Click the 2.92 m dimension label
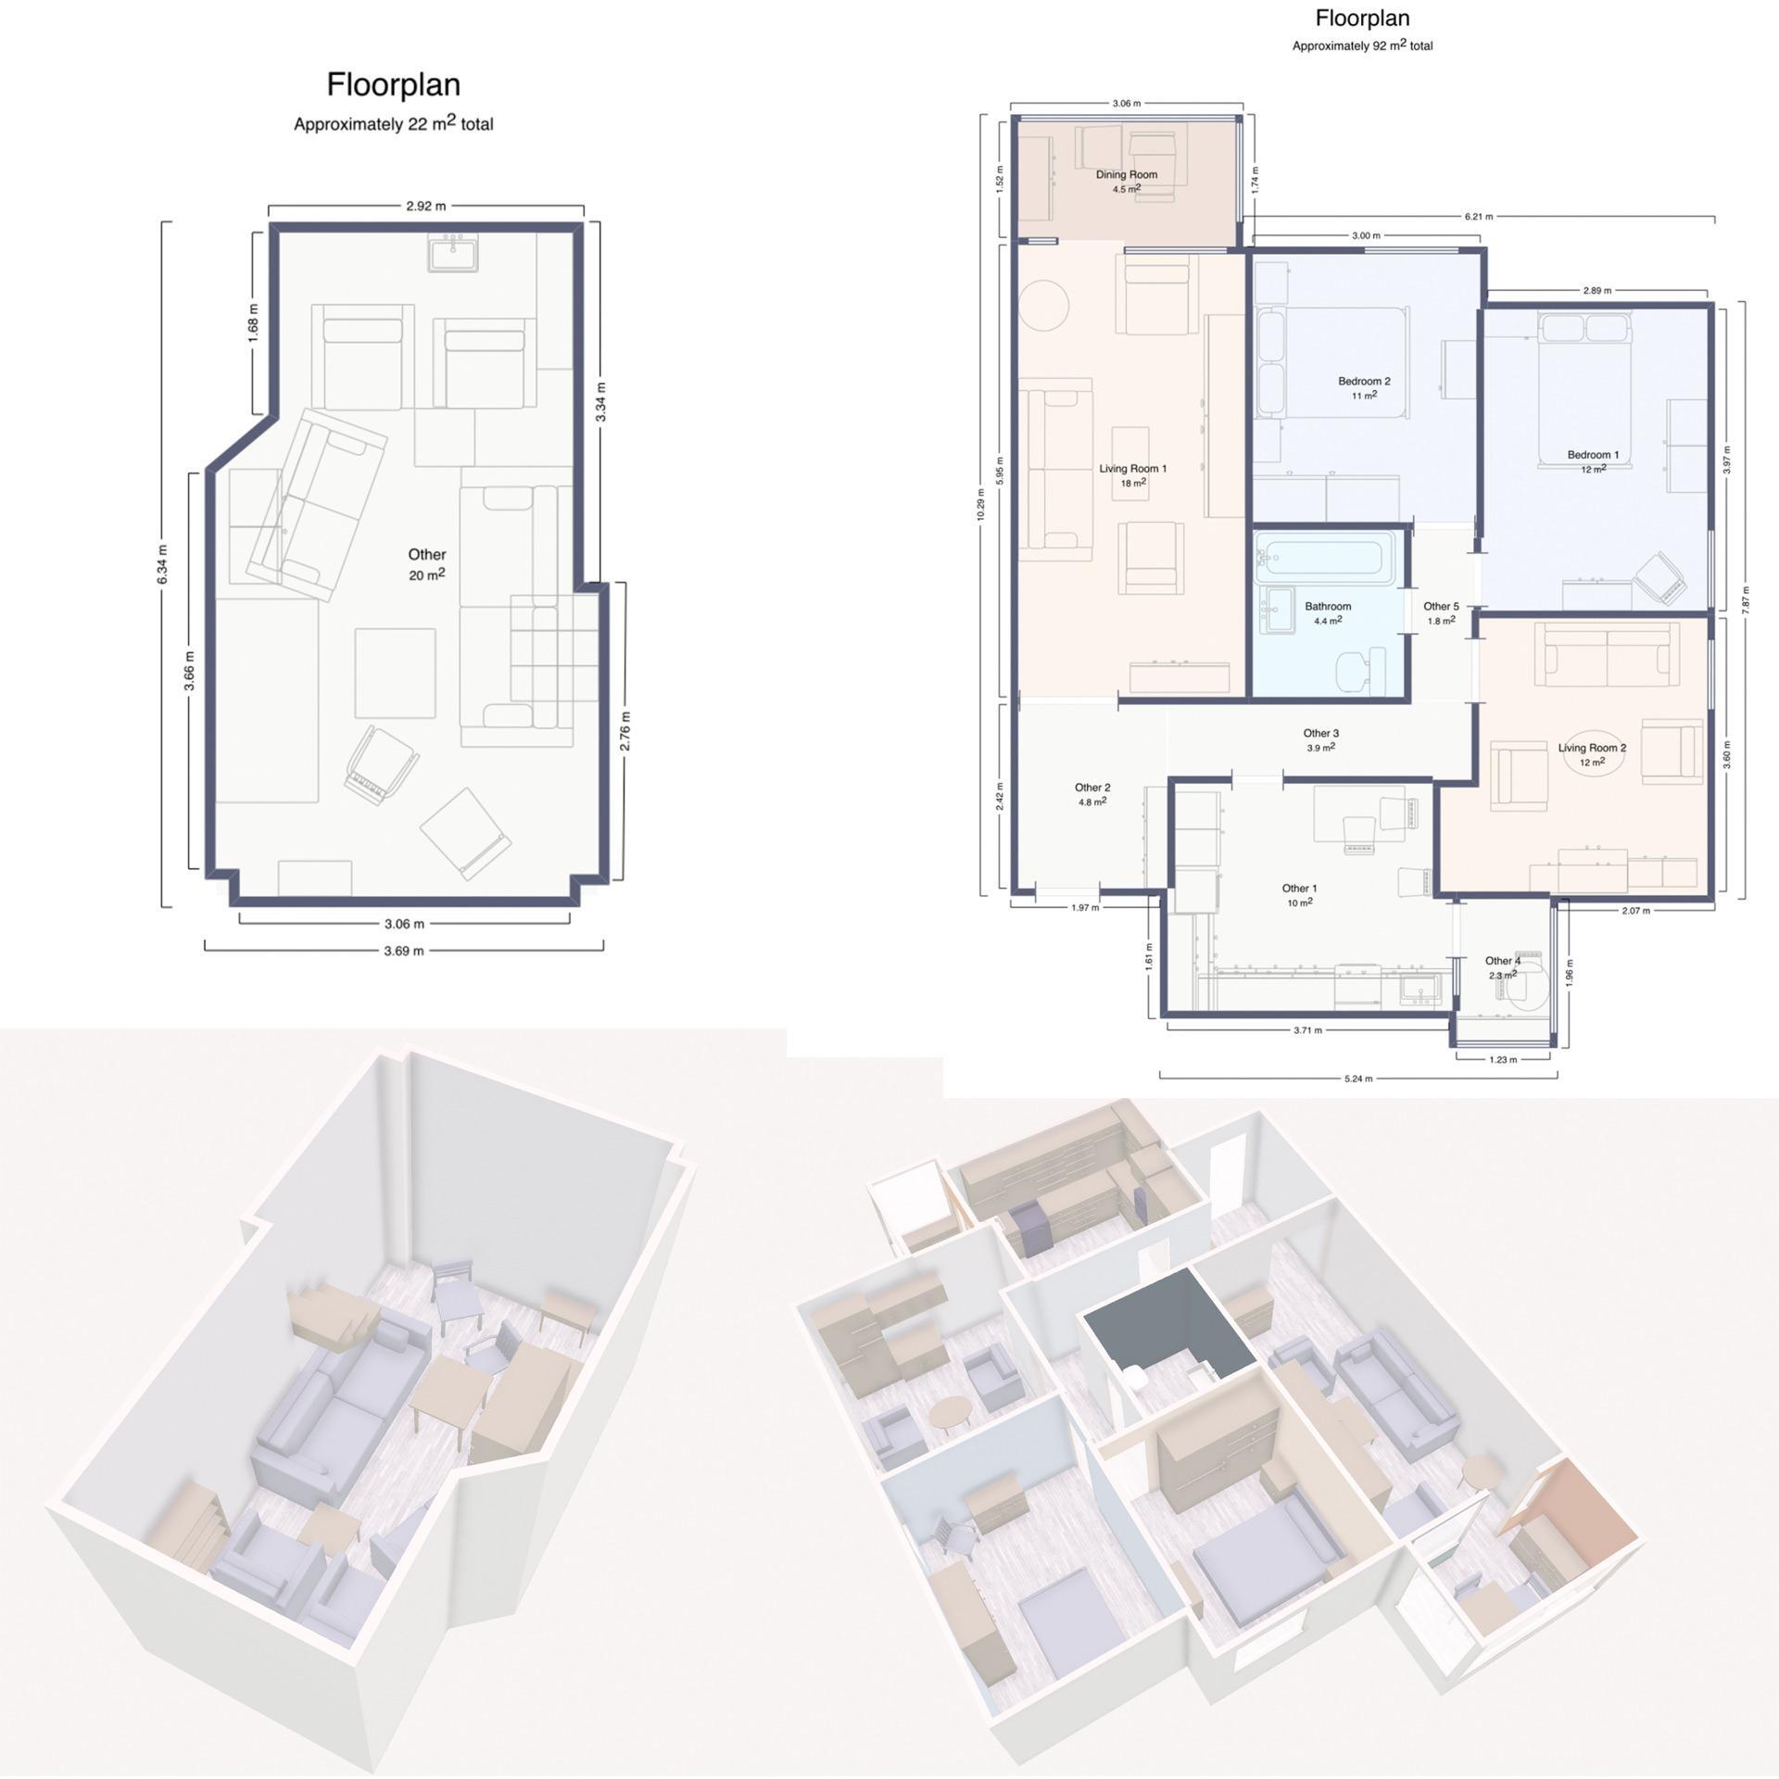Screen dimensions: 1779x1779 (425, 206)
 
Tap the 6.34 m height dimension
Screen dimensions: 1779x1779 (163, 564)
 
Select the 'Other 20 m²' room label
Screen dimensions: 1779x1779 (427, 563)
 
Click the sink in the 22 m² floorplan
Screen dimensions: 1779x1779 (453, 252)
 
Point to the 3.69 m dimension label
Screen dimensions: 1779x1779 (404, 951)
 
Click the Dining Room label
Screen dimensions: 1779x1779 (1127, 180)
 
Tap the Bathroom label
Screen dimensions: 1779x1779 (1328, 612)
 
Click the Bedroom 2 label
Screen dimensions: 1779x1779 (1364, 386)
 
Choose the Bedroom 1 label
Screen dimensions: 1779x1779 (1593, 461)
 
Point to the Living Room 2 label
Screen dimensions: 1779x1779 (1592, 753)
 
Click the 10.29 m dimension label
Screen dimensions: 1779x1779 (981, 504)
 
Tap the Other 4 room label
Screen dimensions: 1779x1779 (1503, 967)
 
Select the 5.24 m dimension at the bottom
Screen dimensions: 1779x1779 (1359, 1079)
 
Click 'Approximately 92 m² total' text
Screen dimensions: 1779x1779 (1362, 45)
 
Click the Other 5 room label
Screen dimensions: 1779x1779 (1441, 612)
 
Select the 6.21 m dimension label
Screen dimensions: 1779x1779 (1478, 217)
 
